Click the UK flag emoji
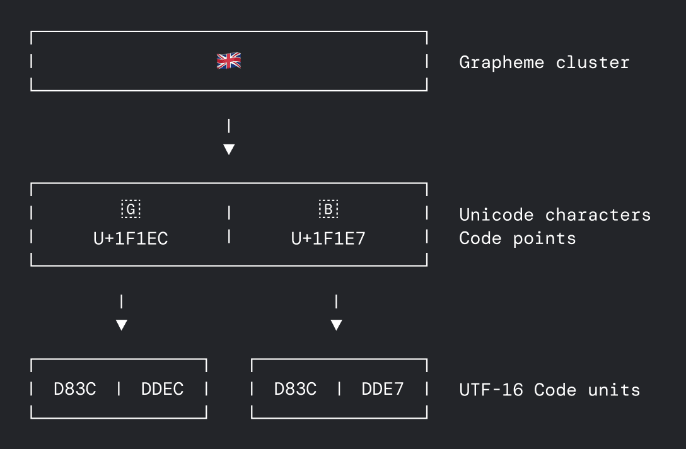pos(229,61)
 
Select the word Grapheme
pos(501,62)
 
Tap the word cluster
pos(593,62)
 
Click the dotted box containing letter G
pos(131,209)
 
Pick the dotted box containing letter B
pos(328,209)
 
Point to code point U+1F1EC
pos(131,238)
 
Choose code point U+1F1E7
pos(328,238)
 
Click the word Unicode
pos(496,215)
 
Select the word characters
pos(598,215)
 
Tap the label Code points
pos(518,238)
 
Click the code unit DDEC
pos(162,389)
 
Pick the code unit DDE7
pos(383,389)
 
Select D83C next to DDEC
pos(75,389)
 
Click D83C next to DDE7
pos(295,389)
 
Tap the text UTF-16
pos(491,390)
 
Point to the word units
pos(614,390)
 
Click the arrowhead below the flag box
pos(229,149)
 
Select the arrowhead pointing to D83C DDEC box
pos(122,325)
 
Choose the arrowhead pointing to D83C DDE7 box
pos(336,325)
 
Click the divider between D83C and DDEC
pos(119,388)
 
